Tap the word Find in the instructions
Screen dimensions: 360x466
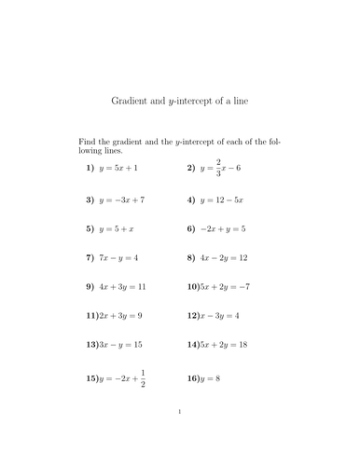pos(87,141)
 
